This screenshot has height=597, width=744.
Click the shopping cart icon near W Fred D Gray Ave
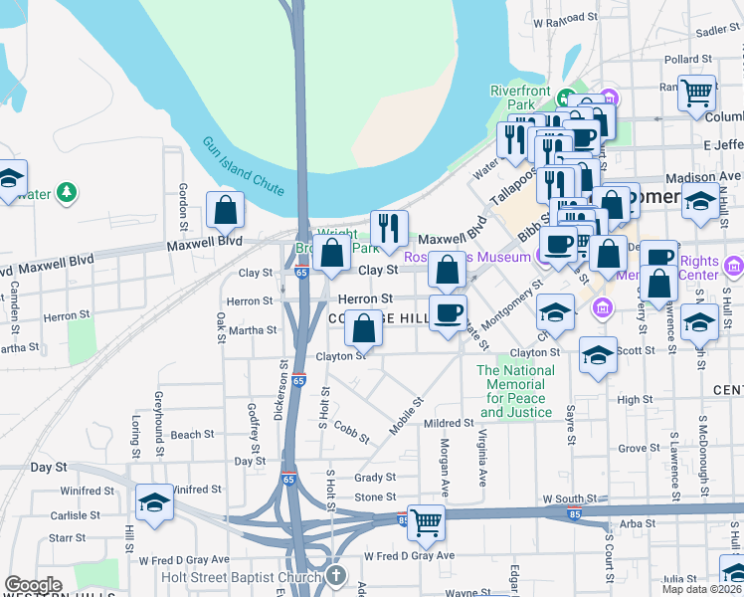(x=426, y=520)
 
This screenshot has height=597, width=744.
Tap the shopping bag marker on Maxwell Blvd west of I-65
(x=226, y=211)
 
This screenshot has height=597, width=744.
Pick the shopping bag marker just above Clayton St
(x=365, y=328)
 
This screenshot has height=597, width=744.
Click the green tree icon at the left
(x=67, y=191)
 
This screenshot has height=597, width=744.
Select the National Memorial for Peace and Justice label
(x=515, y=391)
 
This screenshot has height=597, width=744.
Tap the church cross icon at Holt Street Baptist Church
(x=336, y=576)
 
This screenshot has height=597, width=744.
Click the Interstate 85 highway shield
(x=403, y=519)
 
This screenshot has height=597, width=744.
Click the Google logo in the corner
(x=33, y=585)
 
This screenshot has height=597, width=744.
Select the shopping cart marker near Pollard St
(x=697, y=93)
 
